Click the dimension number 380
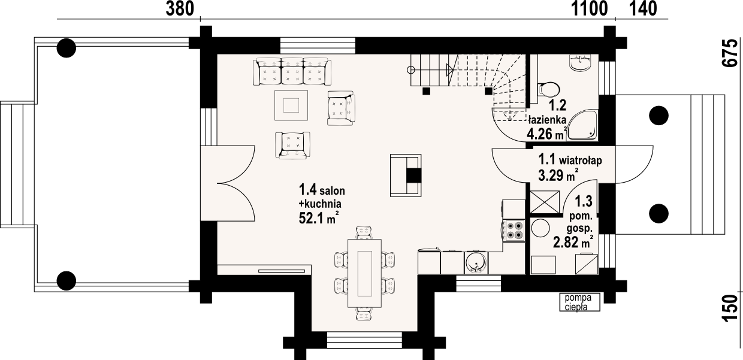pyautogui.click(x=180, y=8)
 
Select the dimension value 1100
pyautogui.click(x=589, y=8)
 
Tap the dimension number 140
pyautogui.click(x=643, y=8)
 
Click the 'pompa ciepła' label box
pyautogui.click(x=580, y=302)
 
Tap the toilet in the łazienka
pyautogui.click(x=548, y=89)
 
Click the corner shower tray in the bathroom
pyautogui.click(x=582, y=125)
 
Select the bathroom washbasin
pyautogui.click(x=580, y=63)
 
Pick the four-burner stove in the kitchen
pyautogui.click(x=514, y=231)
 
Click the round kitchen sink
pyautogui.click(x=476, y=262)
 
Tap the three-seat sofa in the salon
pyautogui.click(x=292, y=72)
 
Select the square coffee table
pyautogui.click(x=291, y=105)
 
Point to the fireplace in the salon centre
pyautogui.click(x=406, y=176)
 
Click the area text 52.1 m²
pyautogui.click(x=319, y=218)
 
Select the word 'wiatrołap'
pyautogui.click(x=580, y=161)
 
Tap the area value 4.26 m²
pyautogui.click(x=547, y=134)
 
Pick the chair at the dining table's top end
pyautogui.click(x=364, y=232)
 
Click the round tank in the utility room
pyautogui.click(x=540, y=228)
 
